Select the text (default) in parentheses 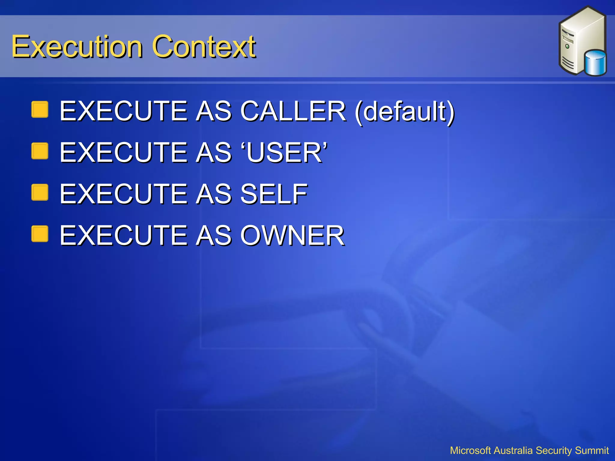click(x=404, y=112)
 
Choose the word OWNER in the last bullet click(x=292, y=236)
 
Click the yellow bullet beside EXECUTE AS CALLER click(x=40, y=109)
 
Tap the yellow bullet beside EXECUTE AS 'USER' click(x=40, y=151)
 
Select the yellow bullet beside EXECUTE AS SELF click(x=40, y=192)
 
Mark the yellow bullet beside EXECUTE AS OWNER click(x=40, y=234)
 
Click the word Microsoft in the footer click(x=470, y=450)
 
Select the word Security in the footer click(x=553, y=450)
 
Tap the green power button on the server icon click(x=567, y=47)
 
